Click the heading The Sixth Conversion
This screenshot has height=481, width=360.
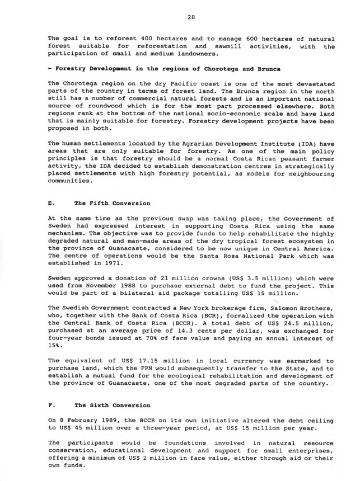[x=108, y=405]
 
